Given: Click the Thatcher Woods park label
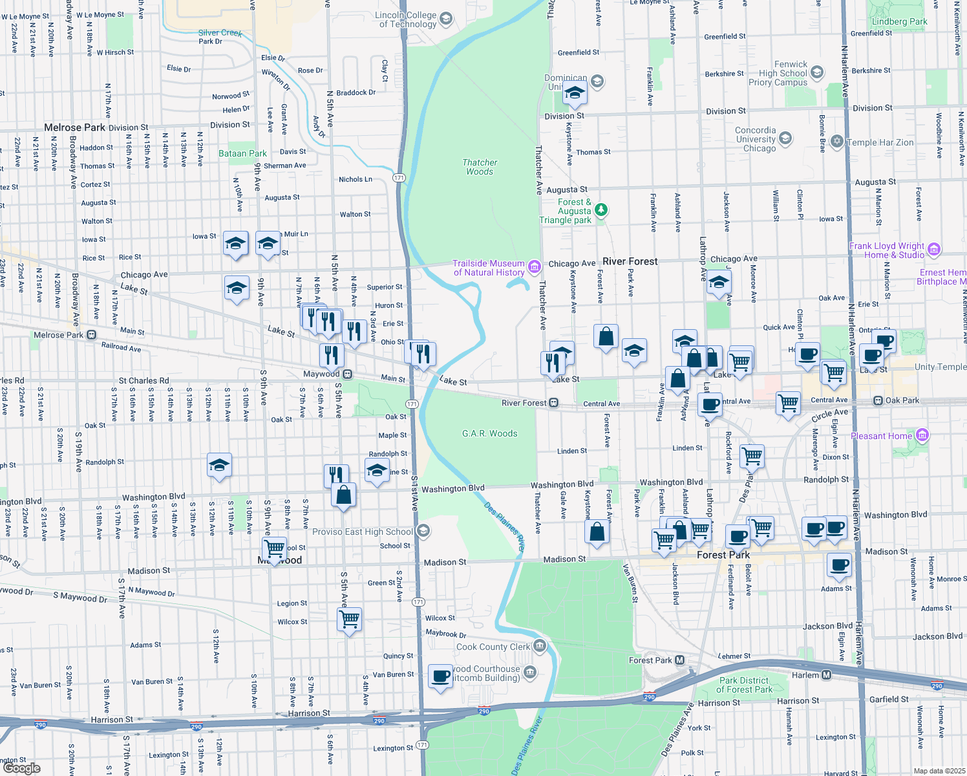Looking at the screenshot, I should [480, 167].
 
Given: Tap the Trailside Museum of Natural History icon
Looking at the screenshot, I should [534, 267].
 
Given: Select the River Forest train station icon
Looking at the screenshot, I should [554, 403].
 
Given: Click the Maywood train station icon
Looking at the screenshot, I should [348, 374].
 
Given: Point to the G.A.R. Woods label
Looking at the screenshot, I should [489, 433].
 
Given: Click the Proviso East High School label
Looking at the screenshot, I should [362, 532].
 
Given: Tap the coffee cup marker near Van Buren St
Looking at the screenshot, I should [441, 677].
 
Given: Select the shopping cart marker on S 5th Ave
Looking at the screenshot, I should [349, 619].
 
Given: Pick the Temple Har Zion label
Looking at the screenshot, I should [880, 142].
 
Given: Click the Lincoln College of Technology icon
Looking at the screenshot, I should [445, 19].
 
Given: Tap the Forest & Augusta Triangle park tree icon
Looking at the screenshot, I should [601, 210].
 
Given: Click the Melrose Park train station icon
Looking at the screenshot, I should [91, 335].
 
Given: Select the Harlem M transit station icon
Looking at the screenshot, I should [827, 675].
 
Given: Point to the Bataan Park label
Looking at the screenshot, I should [242, 153].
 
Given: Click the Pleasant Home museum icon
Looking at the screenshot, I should [922, 435].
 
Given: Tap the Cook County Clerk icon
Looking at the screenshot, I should [539, 646].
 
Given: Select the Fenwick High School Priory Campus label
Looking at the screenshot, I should [782, 73].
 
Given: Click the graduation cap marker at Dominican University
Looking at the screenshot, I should [575, 93].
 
